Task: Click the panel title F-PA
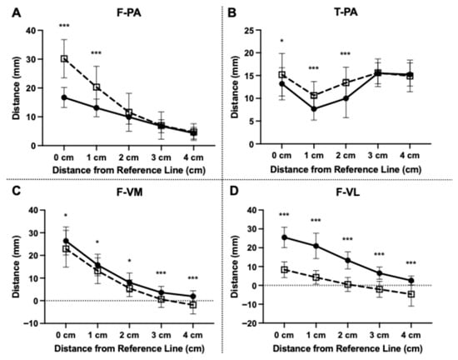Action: pos(129,12)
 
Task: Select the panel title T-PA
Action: pos(346,12)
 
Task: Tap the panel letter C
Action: pos(17,191)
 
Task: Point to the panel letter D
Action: pos(234,191)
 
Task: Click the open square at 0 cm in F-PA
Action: pos(64,58)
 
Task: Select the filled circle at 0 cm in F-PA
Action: pos(64,97)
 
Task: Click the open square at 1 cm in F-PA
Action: pos(97,87)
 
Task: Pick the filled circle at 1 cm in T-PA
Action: pos(314,109)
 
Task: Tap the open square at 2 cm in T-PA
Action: pos(346,82)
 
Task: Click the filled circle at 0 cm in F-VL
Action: pos(284,237)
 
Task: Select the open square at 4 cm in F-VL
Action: pos(411,294)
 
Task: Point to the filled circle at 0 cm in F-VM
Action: pos(66,241)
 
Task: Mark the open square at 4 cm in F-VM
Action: pos(193,305)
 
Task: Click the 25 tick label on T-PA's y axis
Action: pos(249,30)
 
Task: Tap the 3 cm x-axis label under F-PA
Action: pos(161,157)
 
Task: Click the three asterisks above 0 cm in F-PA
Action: pos(64,26)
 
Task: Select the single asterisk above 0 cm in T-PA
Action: pos(281,41)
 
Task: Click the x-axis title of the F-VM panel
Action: pos(129,348)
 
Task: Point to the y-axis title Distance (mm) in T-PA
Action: pos(235,87)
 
